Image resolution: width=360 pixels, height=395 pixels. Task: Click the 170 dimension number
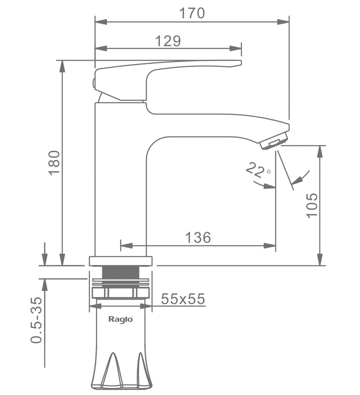point(192,13)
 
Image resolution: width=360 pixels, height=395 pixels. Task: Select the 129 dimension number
point(168,41)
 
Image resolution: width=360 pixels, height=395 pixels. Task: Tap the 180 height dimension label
point(54,163)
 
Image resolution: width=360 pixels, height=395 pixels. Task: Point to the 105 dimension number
point(312,205)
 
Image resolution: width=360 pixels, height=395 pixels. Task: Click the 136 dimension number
point(198,237)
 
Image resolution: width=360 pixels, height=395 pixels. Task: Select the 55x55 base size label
point(183,299)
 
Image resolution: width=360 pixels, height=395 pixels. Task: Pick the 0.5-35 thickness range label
point(36,320)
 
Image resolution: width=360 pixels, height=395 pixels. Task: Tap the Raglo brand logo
point(121,319)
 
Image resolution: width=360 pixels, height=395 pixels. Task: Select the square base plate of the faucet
point(121,261)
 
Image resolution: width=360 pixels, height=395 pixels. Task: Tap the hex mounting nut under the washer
point(121,293)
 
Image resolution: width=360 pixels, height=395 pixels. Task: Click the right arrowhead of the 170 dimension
point(283,22)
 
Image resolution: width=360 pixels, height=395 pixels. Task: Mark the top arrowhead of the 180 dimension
point(62,66)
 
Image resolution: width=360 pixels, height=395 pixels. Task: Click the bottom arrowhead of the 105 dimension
point(320,259)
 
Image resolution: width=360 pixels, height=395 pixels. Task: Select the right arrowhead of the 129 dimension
point(235,49)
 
